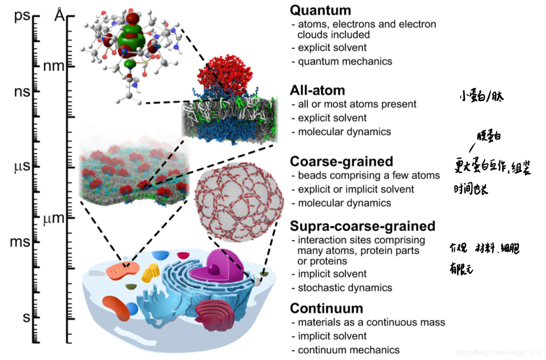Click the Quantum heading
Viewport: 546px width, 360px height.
pos(320,10)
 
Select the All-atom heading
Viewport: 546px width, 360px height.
pos(317,90)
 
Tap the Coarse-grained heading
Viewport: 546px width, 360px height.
pos(341,162)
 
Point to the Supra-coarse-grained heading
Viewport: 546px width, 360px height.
pos(363,226)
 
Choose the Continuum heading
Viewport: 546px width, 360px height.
pos(326,308)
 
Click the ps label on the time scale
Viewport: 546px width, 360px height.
pos(22,17)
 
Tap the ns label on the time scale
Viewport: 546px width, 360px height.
pos(22,92)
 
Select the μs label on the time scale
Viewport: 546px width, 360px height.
pos(22,166)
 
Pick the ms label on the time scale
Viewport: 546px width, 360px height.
pos(20,242)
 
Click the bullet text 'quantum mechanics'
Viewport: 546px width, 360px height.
pos(345,61)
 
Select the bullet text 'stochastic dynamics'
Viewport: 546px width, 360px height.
pos(345,288)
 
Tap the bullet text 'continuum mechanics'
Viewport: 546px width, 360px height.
pos(349,350)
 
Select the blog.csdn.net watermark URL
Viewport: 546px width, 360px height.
pos(499,352)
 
